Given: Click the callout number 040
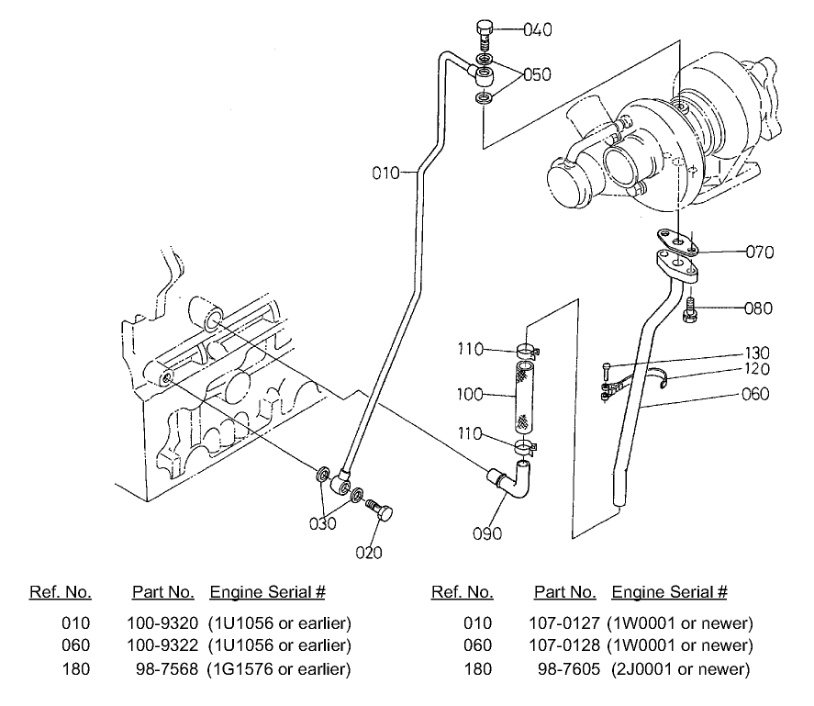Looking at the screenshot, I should pyautogui.click(x=537, y=30).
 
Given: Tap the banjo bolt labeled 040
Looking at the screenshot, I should pyautogui.click(x=485, y=35).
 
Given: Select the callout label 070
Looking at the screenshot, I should pyautogui.click(x=760, y=251).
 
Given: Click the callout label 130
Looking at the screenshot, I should pyautogui.click(x=757, y=353).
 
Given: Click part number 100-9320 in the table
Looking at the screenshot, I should pyautogui.click(x=160, y=623).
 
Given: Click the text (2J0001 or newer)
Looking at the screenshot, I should pyautogui.click(x=681, y=669).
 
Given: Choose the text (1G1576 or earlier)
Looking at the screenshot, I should pyautogui.click(x=280, y=669).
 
